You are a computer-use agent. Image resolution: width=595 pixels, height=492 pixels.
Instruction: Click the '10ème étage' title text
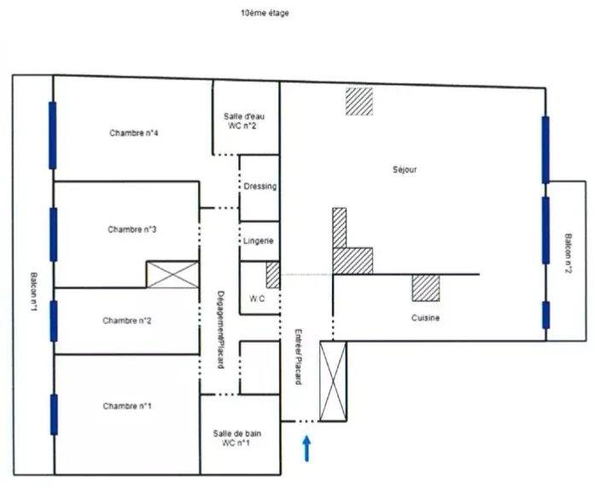click(265, 14)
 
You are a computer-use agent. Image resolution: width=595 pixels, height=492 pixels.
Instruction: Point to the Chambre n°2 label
click(126, 321)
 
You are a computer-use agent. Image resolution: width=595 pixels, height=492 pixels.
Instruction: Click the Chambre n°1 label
click(126, 405)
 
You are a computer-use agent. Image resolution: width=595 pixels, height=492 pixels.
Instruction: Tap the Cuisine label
click(424, 318)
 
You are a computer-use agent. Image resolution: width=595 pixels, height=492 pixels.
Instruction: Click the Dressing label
click(260, 186)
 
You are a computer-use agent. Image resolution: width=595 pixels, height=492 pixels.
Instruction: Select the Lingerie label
click(259, 241)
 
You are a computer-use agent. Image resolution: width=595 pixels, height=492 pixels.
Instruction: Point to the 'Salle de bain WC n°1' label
click(237, 438)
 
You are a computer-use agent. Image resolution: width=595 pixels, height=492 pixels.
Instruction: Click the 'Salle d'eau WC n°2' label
click(241, 121)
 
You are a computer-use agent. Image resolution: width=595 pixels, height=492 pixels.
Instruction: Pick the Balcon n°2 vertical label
click(568, 257)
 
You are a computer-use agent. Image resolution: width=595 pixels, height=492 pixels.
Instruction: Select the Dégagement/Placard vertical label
click(220, 327)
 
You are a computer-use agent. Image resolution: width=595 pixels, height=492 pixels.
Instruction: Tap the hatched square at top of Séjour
click(359, 101)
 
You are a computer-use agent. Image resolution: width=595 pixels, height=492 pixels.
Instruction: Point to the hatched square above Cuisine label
click(425, 287)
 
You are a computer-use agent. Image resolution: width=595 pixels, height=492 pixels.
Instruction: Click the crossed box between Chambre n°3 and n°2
click(173, 275)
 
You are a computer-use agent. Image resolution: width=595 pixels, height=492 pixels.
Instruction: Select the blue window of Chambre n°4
click(53, 135)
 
